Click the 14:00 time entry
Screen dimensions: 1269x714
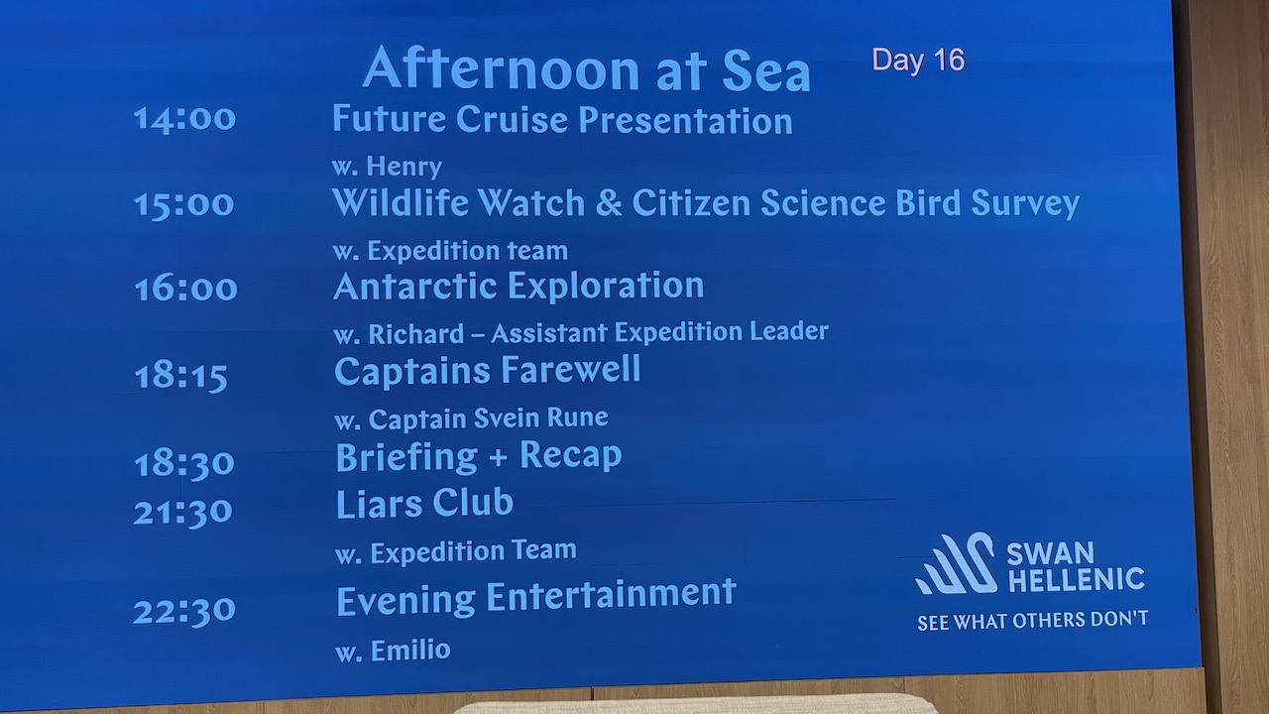pyautogui.click(x=184, y=120)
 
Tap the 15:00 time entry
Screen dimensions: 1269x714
pyautogui.click(x=183, y=204)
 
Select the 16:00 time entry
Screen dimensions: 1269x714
pyautogui.click(x=185, y=288)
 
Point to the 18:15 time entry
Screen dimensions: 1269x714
pyautogui.click(x=180, y=376)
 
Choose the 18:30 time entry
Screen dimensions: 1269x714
pyautogui.click(x=184, y=463)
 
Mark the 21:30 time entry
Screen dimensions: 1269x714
pyautogui.click(x=182, y=512)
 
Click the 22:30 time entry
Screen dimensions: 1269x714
pyautogui.click(x=184, y=611)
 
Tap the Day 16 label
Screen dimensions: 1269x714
pyautogui.click(x=918, y=60)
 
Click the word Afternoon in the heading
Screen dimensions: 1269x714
pyautogui.click(x=502, y=68)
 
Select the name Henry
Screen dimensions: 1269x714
pyautogui.click(x=404, y=166)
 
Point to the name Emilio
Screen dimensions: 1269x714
pyautogui.click(x=410, y=650)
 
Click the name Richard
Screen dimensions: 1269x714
pyautogui.click(x=416, y=334)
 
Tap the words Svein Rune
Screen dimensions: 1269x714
pyautogui.click(x=540, y=418)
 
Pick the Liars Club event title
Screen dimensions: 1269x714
pyautogui.click(x=424, y=504)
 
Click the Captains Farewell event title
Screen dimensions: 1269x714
pyautogui.click(x=488, y=371)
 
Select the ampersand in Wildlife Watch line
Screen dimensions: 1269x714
pyautogui.click(x=609, y=203)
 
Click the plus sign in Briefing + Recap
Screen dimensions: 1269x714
pyautogui.click(x=498, y=458)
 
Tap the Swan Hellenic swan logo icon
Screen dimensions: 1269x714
pyautogui.click(x=957, y=563)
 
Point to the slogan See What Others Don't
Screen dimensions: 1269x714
pyautogui.click(x=1032, y=621)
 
